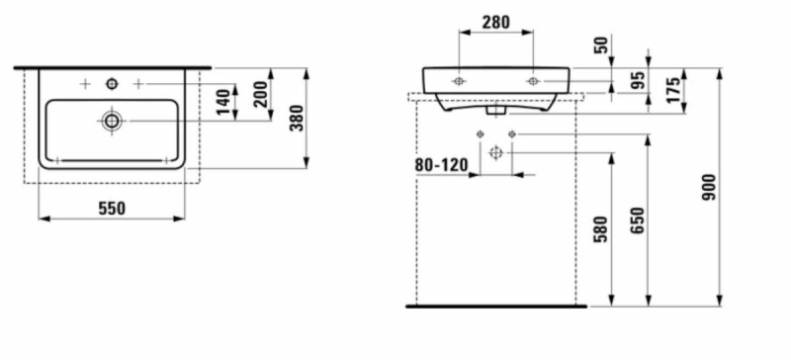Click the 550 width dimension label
[x=112, y=208]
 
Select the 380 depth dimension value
[x=298, y=118]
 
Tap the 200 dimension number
[x=261, y=95]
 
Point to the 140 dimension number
[x=224, y=102]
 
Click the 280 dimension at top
[x=496, y=22]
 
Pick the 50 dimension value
[x=602, y=45]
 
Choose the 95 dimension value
[x=638, y=80]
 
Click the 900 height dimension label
[x=709, y=187]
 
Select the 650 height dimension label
[x=638, y=221]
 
